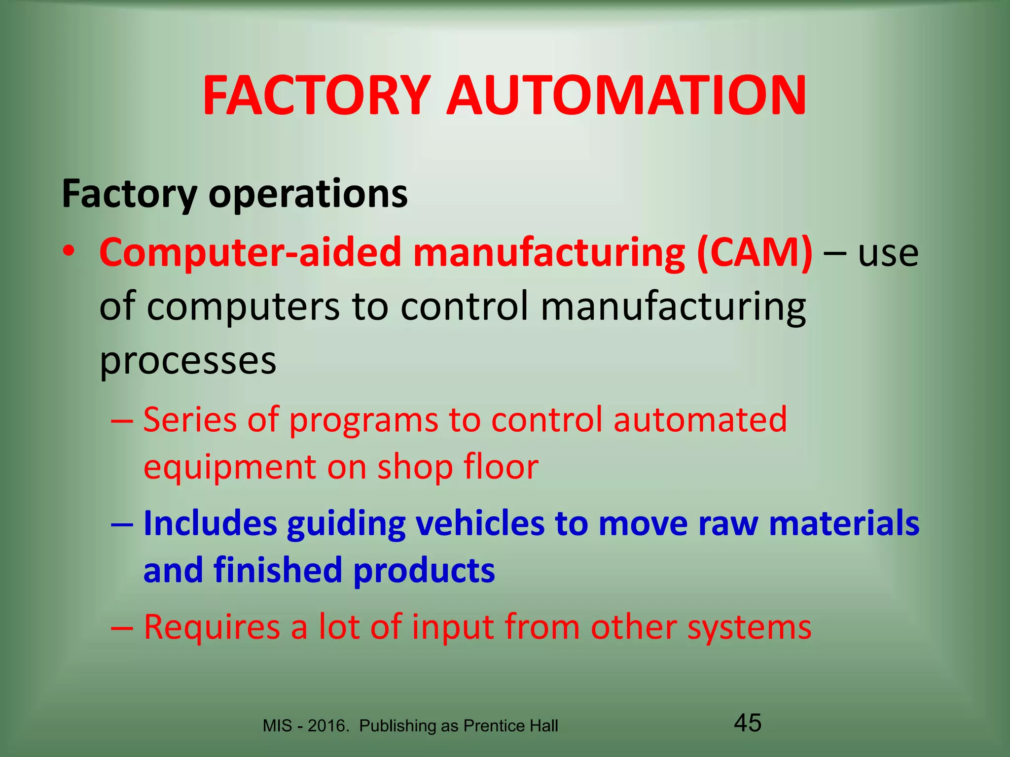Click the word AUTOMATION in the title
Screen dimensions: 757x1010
tap(626, 96)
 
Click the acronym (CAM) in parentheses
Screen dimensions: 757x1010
tap(754, 252)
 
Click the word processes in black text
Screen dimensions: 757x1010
tap(188, 361)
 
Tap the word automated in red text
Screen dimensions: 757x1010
tap(700, 420)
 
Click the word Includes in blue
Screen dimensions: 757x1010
tap(210, 523)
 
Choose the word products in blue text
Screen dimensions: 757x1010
tap(424, 570)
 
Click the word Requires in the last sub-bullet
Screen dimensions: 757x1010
tap(213, 627)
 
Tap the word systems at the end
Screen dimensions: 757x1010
tap(749, 628)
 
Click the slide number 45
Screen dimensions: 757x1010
tap(748, 723)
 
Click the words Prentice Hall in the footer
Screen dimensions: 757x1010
tap(511, 726)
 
